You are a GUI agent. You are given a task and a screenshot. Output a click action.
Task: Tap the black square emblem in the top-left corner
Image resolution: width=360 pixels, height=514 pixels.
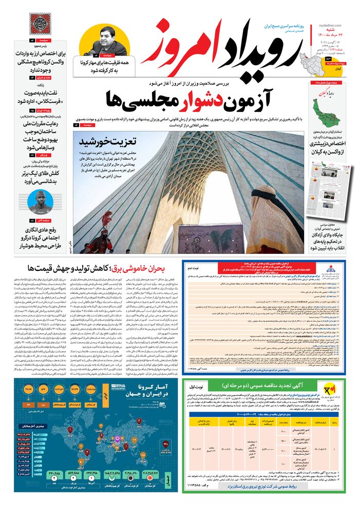(x=41, y=24)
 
